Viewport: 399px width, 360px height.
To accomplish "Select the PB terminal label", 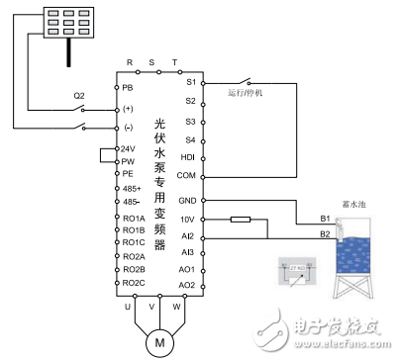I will coord(127,87).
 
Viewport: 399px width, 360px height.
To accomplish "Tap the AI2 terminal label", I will coord(188,236).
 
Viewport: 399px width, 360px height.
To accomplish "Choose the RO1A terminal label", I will coord(133,218).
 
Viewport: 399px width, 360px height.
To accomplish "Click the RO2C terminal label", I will coord(133,283).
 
